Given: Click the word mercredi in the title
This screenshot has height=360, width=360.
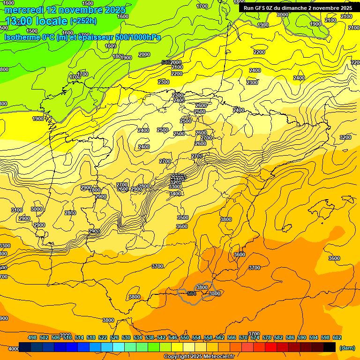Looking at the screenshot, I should pyautogui.click(x=24, y=10).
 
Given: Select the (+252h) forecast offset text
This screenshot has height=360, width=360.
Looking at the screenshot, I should pyautogui.click(x=84, y=21).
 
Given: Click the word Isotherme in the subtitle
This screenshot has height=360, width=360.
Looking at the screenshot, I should pyautogui.click(x=22, y=37).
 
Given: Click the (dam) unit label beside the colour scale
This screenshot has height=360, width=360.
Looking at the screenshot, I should pyautogui.click(x=346, y=347).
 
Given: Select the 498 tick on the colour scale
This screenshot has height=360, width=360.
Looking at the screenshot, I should pyautogui.click(x=32, y=337).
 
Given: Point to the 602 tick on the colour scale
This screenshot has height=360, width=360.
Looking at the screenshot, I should pyautogui.click(x=337, y=337).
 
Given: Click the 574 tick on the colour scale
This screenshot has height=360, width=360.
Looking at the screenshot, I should pyautogui.click(x=255, y=337).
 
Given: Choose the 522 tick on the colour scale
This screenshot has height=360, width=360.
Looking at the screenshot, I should pyautogui.click(x=103, y=337).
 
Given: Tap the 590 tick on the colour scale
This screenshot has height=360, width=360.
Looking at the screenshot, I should pyautogui.click(x=302, y=337).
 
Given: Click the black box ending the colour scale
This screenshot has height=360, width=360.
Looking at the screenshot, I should pyautogui.click(x=330, y=347).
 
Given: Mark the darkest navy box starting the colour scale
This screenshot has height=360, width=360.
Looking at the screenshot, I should pyautogui.click(x=25, y=347).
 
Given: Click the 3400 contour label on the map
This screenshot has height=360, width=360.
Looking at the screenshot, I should pyautogui.click(x=175, y=194).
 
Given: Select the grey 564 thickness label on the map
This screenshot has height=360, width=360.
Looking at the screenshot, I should pyautogui.click(x=191, y=293).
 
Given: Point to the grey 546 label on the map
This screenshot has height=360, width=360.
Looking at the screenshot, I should pyautogui.click(x=165, y=62).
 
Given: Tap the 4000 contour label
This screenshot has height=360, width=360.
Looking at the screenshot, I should pyautogui.click(x=14, y=349).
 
